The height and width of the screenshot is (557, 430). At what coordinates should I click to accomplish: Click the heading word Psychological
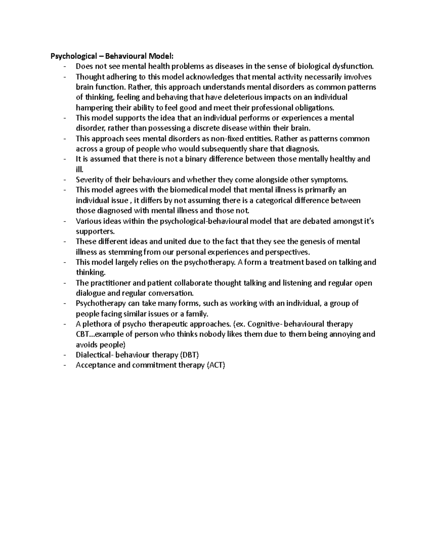click(73, 56)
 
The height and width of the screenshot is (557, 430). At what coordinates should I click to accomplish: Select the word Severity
click(88, 180)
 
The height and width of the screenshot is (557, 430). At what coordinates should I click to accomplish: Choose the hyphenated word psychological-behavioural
click(204, 221)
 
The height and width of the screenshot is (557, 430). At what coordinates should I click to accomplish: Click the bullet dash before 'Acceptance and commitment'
click(64, 365)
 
